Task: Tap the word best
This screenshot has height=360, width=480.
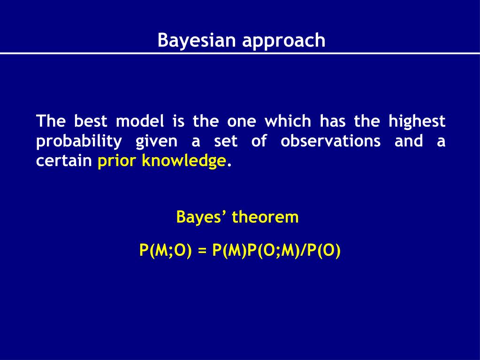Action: tap(91, 121)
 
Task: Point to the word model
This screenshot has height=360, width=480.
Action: tap(140, 121)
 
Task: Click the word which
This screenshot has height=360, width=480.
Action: tap(288, 121)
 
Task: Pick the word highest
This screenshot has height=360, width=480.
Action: tap(417, 122)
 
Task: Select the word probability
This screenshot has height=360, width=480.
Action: tap(79, 142)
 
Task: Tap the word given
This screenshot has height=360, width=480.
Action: tap(156, 142)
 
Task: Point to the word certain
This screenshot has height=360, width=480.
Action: tap(64, 161)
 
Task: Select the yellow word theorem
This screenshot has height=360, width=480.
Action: tap(265, 217)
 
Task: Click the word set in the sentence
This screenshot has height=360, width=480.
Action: tap(226, 141)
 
